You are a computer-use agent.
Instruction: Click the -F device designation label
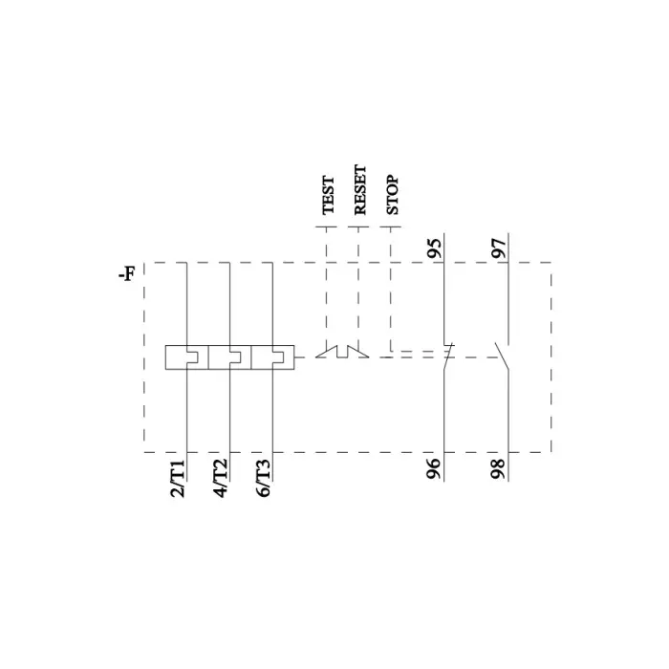point(126,276)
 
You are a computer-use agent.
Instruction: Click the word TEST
point(328,194)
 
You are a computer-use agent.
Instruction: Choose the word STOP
point(391,194)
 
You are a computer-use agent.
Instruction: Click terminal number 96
point(435,469)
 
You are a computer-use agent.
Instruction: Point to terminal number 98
point(498,469)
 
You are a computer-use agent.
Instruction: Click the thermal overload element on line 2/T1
point(186,357)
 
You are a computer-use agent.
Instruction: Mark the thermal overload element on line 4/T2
point(230,357)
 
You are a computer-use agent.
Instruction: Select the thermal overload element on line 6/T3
point(273,357)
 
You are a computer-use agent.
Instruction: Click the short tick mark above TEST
point(327,227)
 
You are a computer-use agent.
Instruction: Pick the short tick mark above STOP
point(390,227)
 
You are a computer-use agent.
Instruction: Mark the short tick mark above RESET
point(358,227)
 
